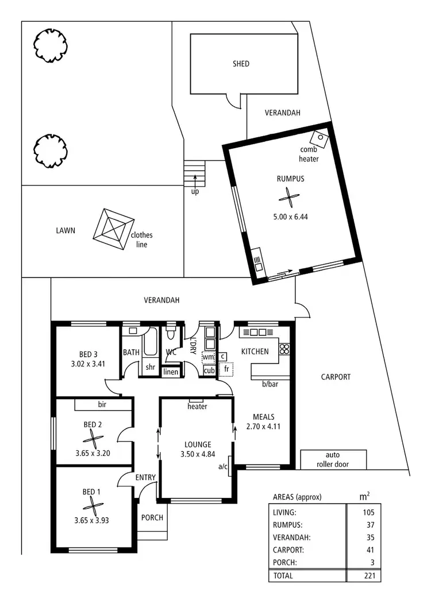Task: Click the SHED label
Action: [241, 64]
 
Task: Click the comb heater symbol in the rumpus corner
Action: [318, 138]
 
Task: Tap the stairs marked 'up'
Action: [194, 172]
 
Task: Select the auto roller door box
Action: [333, 459]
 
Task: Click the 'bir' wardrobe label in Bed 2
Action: [102, 405]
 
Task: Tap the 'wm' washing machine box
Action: [208, 357]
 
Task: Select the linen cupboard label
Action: [171, 372]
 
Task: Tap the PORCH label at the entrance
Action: [152, 517]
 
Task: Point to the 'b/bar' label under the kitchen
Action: [270, 384]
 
